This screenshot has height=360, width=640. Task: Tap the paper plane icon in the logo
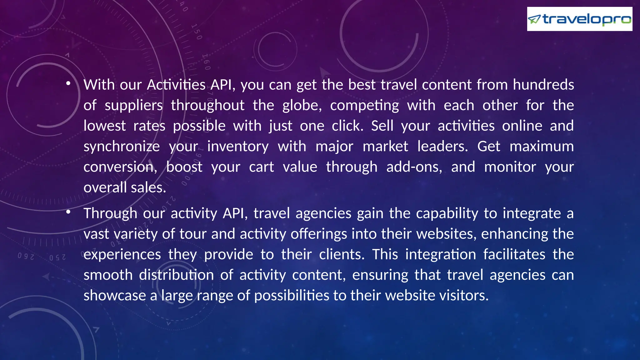point(534,19)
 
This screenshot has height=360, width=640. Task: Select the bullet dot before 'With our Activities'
point(68,83)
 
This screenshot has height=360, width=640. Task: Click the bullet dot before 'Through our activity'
point(68,212)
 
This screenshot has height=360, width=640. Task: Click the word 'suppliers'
point(133,105)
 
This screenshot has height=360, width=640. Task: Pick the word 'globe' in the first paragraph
point(301,105)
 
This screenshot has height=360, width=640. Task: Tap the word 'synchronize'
point(122,147)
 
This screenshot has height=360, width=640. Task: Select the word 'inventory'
point(238,147)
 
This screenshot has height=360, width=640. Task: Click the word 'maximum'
point(542,147)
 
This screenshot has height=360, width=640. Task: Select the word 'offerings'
point(319,234)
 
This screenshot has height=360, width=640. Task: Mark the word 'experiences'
point(122,254)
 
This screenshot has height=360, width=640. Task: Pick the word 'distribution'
point(176,275)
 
